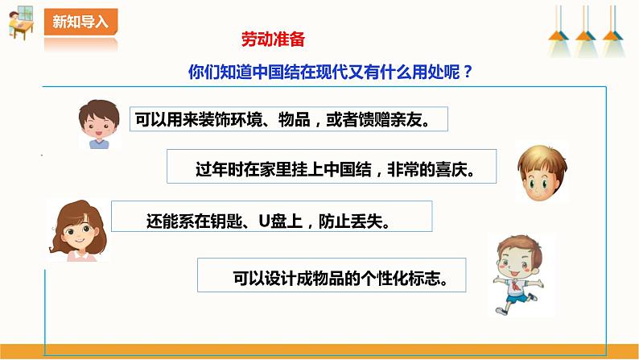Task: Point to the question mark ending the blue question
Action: click(x=468, y=72)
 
